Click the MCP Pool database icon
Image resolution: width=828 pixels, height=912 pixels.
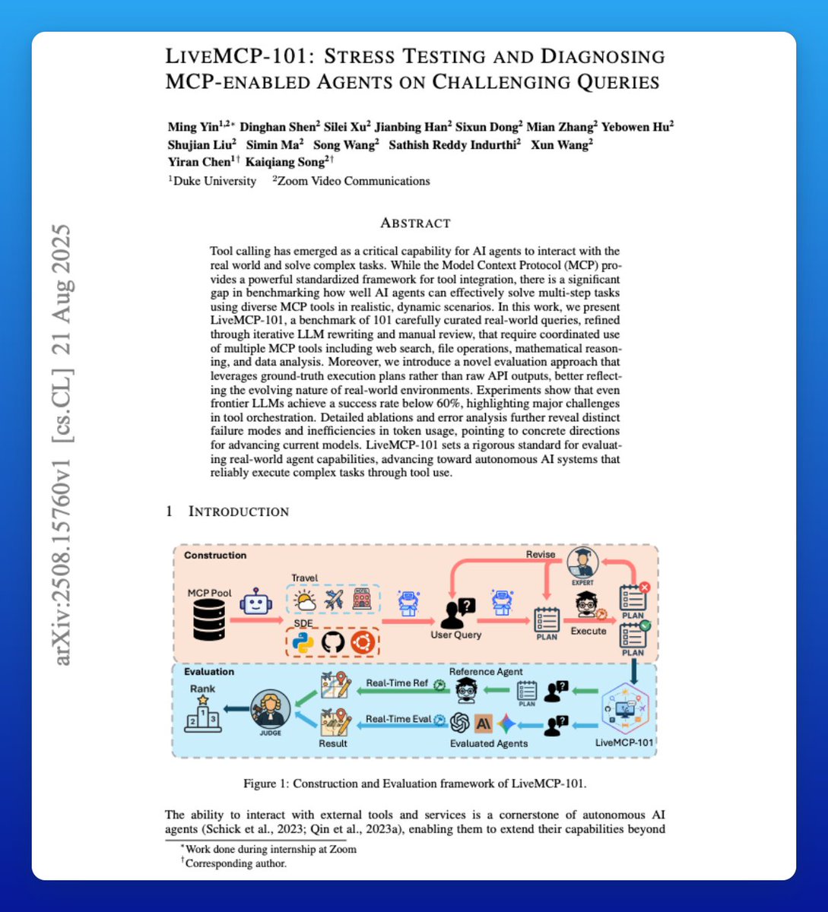(x=209, y=619)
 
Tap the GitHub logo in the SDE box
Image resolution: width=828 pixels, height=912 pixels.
(x=333, y=643)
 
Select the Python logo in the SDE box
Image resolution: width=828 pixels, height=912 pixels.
(x=303, y=643)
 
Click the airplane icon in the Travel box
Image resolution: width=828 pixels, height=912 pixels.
(x=333, y=600)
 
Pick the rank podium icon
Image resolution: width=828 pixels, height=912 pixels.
(x=203, y=715)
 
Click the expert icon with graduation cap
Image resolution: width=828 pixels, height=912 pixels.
(x=583, y=564)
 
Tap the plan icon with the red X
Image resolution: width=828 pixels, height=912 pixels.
(x=633, y=597)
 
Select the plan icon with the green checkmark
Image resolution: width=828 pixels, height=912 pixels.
(x=633, y=635)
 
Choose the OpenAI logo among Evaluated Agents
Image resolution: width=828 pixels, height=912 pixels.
(x=459, y=723)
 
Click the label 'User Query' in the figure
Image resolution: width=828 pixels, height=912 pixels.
(x=456, y=635)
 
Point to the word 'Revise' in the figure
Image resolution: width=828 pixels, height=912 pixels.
(x=541, y=555)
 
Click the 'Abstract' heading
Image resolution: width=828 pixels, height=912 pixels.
(x=415, y=223)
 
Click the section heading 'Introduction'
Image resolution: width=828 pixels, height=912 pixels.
(x=238, y=511)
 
